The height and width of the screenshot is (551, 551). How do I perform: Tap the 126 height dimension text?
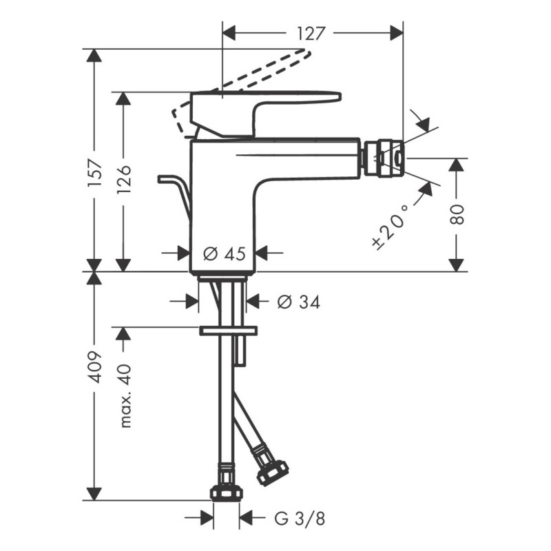point(124,180)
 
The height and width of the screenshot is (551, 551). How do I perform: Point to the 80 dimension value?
point(458,214)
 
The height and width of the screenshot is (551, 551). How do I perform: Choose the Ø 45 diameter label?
point(225,253)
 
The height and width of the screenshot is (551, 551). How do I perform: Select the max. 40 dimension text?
point(125,397)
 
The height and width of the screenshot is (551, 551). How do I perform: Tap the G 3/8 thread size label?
point(300,518)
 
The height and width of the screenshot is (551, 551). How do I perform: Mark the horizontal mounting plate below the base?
point(228,331)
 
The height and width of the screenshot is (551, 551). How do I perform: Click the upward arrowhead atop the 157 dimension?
point(94,56)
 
